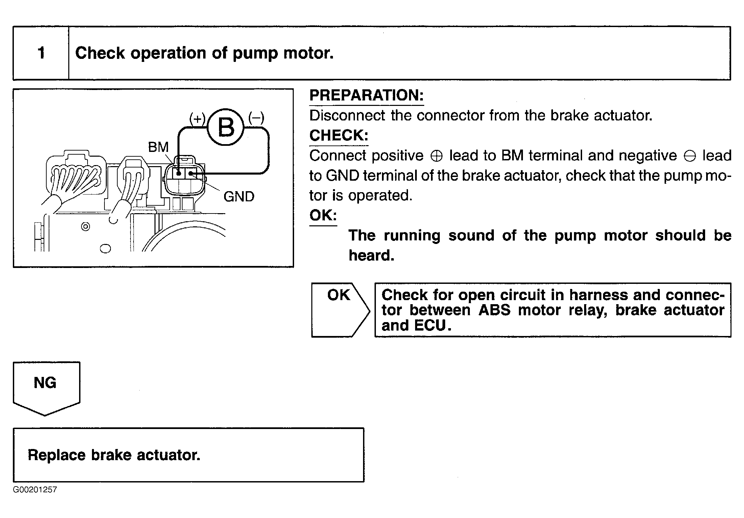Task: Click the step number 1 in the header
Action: tap(41, 53)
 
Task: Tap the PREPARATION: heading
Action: tap(366, 95)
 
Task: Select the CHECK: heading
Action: tap(339, 135)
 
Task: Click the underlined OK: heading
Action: tap(323, 215)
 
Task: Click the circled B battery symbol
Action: tap(225, 127)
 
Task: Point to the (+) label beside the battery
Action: tap(197, 118)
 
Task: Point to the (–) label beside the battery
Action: tap(256, 118)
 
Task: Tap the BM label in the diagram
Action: tap(158, 147)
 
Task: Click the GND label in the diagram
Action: tap(239, 197)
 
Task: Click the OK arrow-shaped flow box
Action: tap(339, 310)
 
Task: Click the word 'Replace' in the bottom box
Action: tap(56, 455)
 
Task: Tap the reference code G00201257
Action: tap(35, 490)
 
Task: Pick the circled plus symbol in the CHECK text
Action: tap(436, 156)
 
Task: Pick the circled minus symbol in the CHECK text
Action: tap(690, 156)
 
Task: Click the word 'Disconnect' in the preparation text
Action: tap(347, 116)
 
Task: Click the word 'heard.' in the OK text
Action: tap(371, 255)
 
